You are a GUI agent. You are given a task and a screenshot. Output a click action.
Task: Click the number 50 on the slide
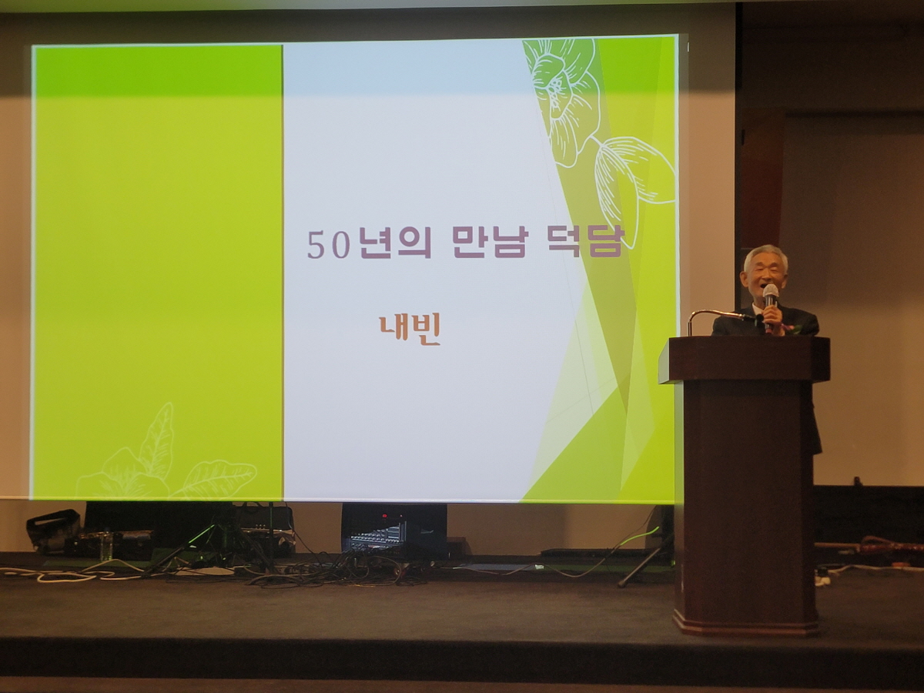(x=329, y=245)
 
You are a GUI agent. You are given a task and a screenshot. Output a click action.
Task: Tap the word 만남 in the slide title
(x=488, y=243)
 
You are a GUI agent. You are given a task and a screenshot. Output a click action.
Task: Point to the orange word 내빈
(x=409, y=331)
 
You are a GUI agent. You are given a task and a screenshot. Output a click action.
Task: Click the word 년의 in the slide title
(x=396, y=244)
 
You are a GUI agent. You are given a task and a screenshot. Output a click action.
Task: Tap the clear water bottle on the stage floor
(x=108, y=546)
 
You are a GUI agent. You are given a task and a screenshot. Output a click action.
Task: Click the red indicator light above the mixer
(x=384, y=515)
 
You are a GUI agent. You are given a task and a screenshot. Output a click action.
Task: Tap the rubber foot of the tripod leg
(x=621, y=584)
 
